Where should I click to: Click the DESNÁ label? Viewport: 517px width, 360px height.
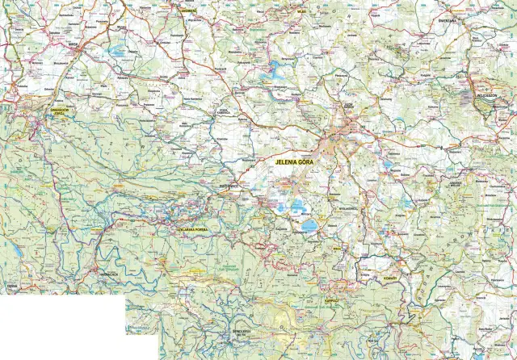pyautogui.click(x=11, y=285)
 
